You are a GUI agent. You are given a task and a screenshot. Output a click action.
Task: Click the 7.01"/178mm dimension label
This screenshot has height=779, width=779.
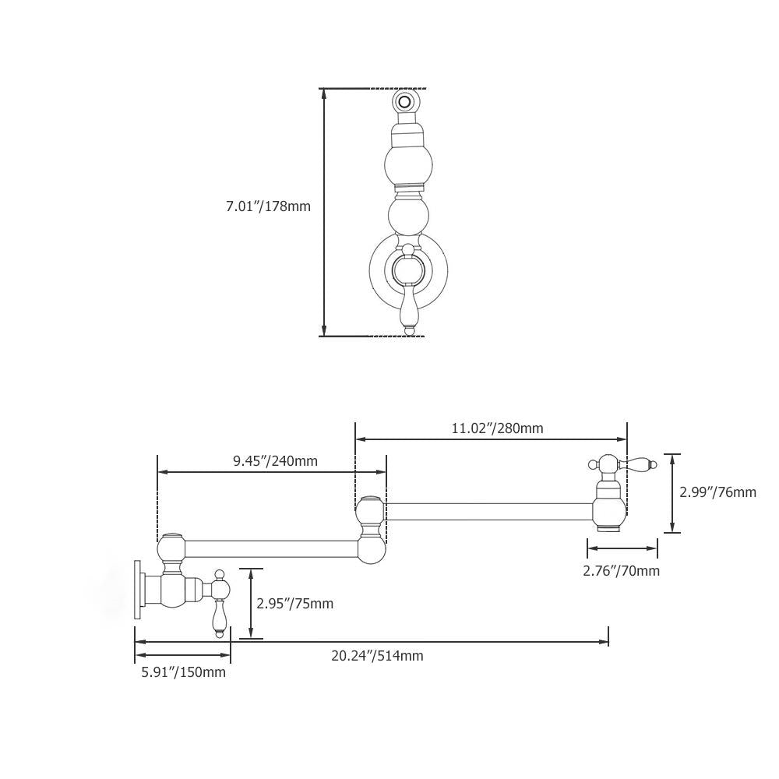click(x=268, y=206)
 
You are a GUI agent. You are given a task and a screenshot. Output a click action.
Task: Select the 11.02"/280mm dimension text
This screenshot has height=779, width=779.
click(x=497, y=428)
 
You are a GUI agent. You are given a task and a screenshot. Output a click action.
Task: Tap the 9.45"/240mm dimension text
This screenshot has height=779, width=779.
click(x=275, y=460)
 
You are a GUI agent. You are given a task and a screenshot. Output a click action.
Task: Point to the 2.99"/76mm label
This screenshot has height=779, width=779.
click(x=717, y=492)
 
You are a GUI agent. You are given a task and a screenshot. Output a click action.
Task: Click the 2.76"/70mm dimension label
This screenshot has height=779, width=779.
click(x=621, y=571)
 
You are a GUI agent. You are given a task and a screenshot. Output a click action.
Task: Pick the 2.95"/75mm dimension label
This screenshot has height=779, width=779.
click(x=294, y=604)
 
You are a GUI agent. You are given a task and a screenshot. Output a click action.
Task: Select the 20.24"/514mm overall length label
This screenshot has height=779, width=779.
click(x=377, y=656)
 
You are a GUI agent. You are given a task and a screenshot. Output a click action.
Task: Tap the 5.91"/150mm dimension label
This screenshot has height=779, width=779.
click(x=183, y=672)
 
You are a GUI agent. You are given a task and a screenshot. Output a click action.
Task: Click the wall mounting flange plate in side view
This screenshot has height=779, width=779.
click(x=139, y=590)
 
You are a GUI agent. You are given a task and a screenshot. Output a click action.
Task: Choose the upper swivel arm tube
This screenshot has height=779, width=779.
click(x=488, y=512)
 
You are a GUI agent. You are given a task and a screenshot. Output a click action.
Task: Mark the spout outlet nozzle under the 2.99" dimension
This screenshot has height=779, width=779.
click(x=608, y=528)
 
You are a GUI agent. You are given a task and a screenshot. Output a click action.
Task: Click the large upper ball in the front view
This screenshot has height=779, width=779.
click(x=408, y=163)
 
